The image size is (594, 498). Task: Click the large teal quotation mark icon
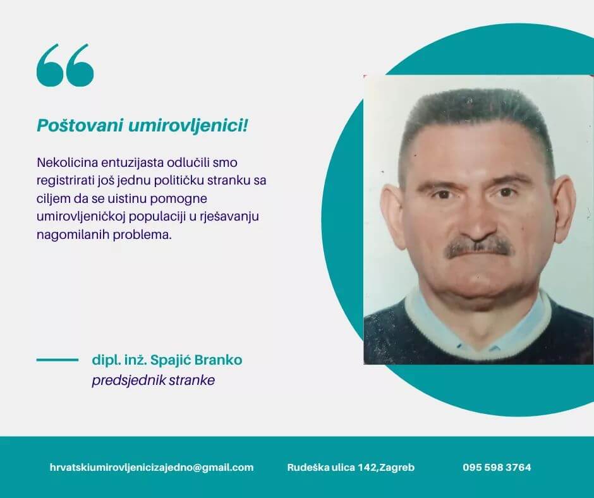click(x=65, y=65)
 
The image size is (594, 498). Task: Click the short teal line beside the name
click(x=58, y=360)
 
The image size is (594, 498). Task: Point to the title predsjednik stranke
click(x=154, y=380)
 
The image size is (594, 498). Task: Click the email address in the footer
click(x=152, y=468)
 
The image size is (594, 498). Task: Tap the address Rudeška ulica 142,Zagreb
click(x=351, y=468)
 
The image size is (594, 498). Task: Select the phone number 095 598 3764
click(x=497, y=468)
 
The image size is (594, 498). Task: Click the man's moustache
click(x=478, y=247)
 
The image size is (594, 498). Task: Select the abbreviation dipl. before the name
click(x=104, y=360)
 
